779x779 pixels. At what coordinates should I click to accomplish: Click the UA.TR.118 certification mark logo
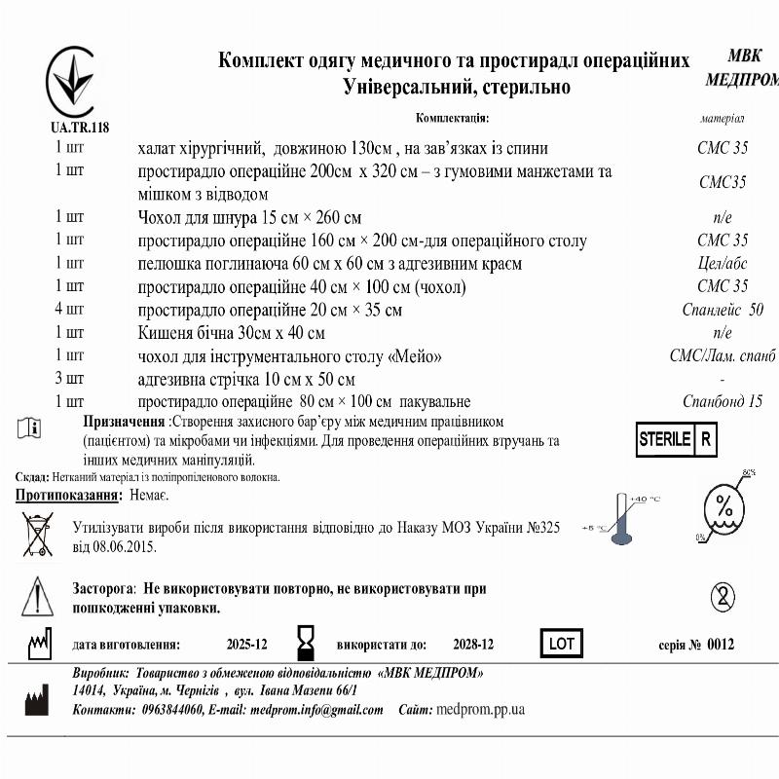[x=74, y=82]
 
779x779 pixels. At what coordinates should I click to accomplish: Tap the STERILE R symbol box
[x=676, y=438]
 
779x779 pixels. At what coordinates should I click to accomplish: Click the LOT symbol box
[x=562, y=644]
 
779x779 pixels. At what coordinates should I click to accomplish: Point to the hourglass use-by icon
[x=306, y=644]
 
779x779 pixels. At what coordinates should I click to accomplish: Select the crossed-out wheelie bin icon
[x=38, y=536]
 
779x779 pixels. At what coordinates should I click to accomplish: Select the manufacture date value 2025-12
[x=246, y=645]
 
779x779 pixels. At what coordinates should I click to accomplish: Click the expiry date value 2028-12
[x=473, y=645]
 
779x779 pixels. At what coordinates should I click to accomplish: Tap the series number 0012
[x=722, y=645]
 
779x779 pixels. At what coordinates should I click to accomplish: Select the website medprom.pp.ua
[x=481, y=710]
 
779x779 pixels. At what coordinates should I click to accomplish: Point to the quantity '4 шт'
[x=69, y=310]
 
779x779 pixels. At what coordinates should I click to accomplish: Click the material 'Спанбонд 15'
[x=723, y=401]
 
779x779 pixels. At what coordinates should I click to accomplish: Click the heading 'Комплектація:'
[x=452, y=119]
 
